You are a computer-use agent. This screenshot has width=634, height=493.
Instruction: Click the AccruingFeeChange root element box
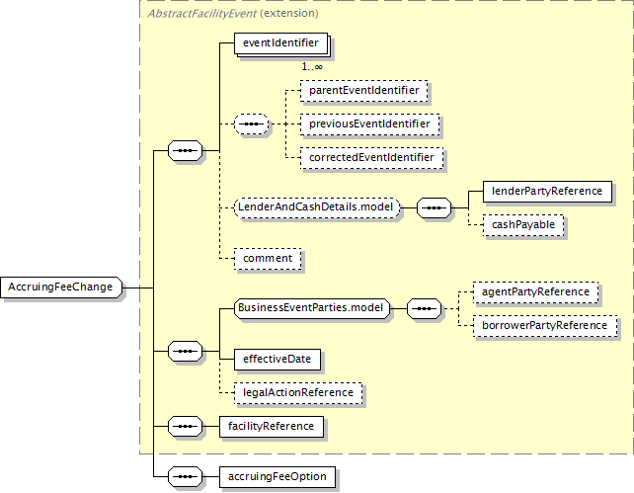pyautogui.click(x=61, y=288)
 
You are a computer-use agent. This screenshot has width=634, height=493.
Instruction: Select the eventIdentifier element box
pyautogui.click(x=281, y=43)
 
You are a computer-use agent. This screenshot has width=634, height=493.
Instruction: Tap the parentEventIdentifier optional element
pyautogui.click(x=363, y=90)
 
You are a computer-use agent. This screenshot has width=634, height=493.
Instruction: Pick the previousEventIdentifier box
pyautogui.click(x=369, y=123)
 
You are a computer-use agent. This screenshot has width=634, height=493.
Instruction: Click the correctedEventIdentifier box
pyautogui.click(x=371, y=157)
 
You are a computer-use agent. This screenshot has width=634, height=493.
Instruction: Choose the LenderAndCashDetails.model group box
pyautogui.click(x=317, y=207)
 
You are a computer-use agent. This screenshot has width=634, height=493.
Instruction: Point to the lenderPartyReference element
pyautogui.click(x=547, y=192)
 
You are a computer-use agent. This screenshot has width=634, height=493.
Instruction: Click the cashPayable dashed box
pyautogui.click(x=523, y=225)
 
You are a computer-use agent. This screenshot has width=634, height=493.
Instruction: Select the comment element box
pyautogui.click(x=268, y=259)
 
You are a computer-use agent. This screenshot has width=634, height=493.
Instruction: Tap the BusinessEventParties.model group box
pyautogui.click(x=312, y=308)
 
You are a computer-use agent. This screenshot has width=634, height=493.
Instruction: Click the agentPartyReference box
pyautogui.click(x=536, y=292)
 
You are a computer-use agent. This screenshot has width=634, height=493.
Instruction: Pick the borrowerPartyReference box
pyautogui.click(x=545, y=326)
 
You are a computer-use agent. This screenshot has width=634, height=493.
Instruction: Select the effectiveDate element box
pyautogui.click(x=277, y=360)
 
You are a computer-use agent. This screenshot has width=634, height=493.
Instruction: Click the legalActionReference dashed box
pyautogui.click(x=298, y=392)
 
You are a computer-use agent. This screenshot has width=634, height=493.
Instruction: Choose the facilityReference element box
pyautogui.click(x=272, y=426)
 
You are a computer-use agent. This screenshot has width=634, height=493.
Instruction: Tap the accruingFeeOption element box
pyautogui.click(x=277, y=477)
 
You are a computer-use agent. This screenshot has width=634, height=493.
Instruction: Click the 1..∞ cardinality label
pyautogui.click(x=312, y=67)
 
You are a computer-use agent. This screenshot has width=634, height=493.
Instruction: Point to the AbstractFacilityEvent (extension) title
pyautogui.click(x=233, y=14)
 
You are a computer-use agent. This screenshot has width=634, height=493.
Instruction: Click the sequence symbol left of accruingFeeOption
pyautogui.click(x=186, y=477)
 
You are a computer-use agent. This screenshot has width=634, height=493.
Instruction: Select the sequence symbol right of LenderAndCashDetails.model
pyautogui.click(x=434, y=207)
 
